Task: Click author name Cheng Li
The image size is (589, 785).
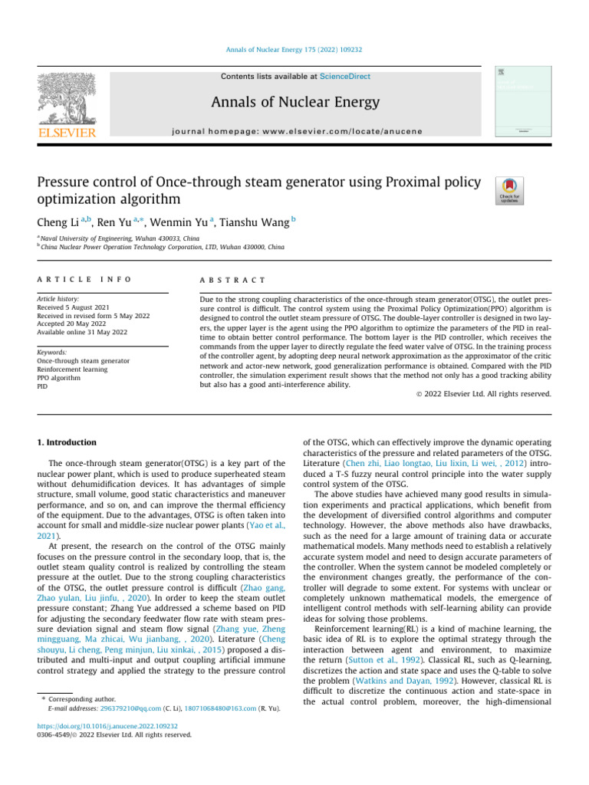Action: (58, 222)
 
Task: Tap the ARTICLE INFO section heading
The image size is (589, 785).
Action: (84, 280)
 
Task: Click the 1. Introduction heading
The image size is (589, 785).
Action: (67, 442)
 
